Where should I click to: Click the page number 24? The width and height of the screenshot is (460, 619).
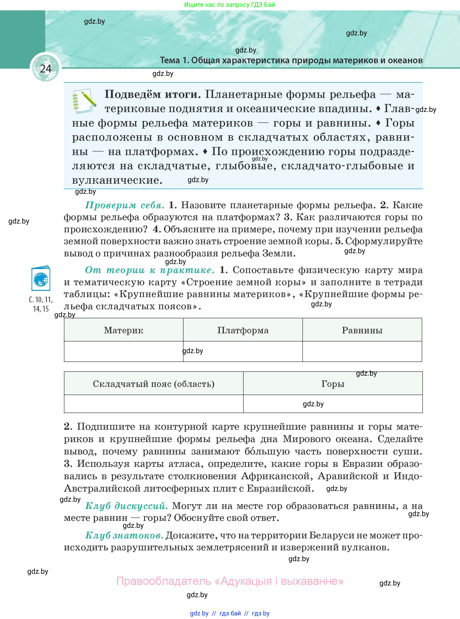[x=46, y=69]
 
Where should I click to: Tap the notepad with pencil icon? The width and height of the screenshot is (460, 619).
[x=84, y=101]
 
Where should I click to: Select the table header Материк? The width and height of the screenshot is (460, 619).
[x=124, y=330]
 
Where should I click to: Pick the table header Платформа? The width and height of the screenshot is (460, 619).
[x=243, y=330]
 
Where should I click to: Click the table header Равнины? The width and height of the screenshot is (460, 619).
[x=362, y=330]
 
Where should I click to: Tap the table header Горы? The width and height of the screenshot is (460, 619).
[x=333, y=384]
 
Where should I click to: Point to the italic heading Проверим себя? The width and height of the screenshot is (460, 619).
[x=125, y=205]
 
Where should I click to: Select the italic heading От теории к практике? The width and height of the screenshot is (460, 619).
[x=150, y=270]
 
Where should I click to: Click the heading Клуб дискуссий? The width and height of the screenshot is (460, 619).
[x=126, y=506]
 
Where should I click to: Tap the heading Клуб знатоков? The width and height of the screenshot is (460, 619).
[x=124, y=535]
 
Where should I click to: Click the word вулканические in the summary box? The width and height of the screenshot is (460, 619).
[x=117, y=180]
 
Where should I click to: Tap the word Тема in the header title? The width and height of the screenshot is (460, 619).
[x=170, y=60]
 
